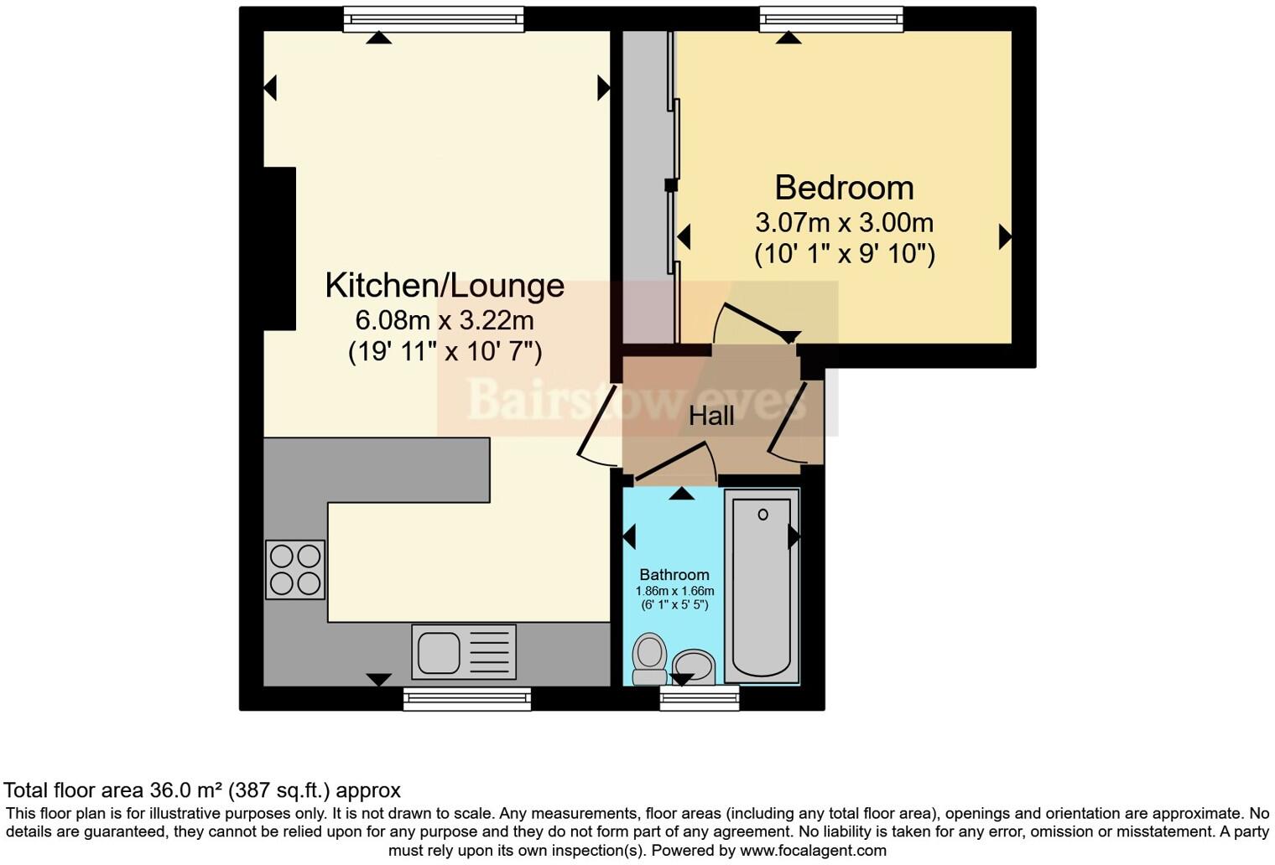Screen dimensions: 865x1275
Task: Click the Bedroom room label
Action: [x=844, y=188]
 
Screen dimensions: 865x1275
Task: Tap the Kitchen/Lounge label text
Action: [x=445, y=285]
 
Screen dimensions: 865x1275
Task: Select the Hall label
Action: [x=711, y=416]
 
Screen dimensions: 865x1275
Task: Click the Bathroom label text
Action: [x=674, y=574]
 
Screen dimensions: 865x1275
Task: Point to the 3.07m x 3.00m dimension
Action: [x=844, y=223]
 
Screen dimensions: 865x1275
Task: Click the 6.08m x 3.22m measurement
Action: [x=445, y=320]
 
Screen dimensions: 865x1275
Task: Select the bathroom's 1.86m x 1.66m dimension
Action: [x=674, y=591]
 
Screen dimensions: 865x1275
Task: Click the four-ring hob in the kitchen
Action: [x=295, y=570]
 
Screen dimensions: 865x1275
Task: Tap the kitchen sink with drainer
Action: [x=464, y=652]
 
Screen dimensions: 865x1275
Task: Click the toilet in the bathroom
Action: [x=649, y=658]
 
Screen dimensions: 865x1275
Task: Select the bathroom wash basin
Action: [x=693, y=667]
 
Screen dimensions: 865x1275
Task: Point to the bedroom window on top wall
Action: [x=830, y=19]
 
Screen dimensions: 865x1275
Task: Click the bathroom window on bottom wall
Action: [x=700, y=698]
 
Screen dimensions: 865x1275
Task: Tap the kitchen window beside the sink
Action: [x=467, y=699]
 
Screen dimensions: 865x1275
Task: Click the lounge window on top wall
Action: [x=434, y=19]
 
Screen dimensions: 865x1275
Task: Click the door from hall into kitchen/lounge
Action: [x=599, y=426]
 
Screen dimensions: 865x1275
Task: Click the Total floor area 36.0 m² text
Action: [x=201, y=790]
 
